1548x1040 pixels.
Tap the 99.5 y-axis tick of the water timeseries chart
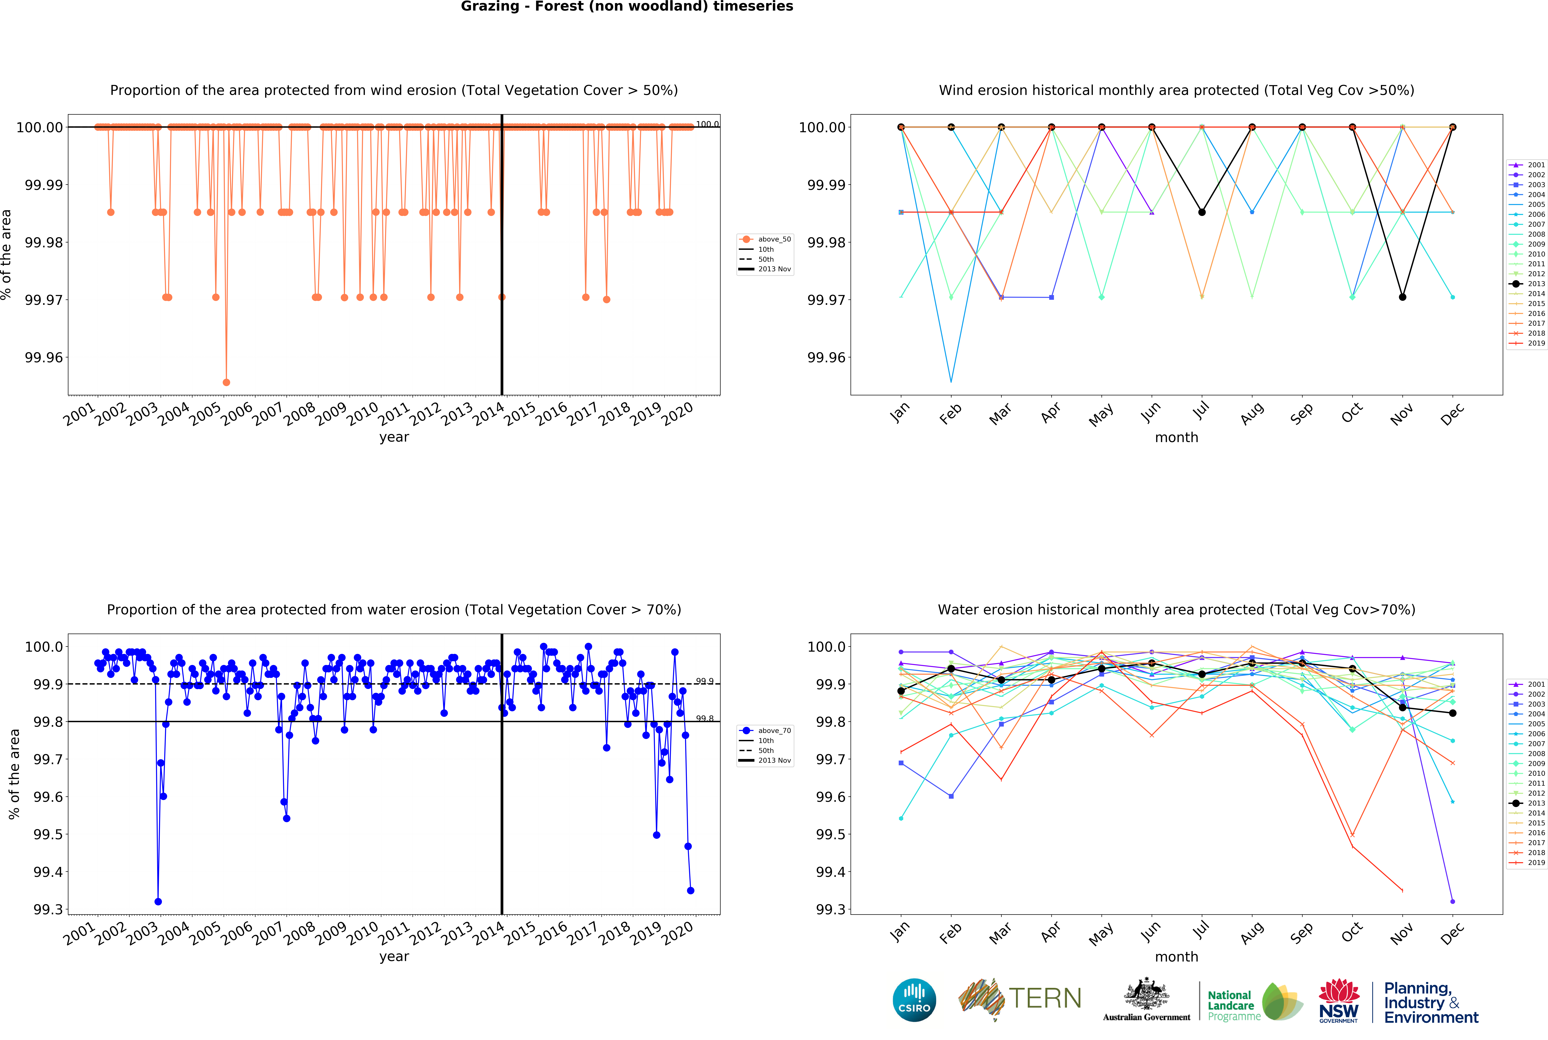[x=48, y=834]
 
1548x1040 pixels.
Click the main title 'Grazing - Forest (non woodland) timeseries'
[x=627, y=7]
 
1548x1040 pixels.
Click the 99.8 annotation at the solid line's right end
[x=704, y=718]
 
